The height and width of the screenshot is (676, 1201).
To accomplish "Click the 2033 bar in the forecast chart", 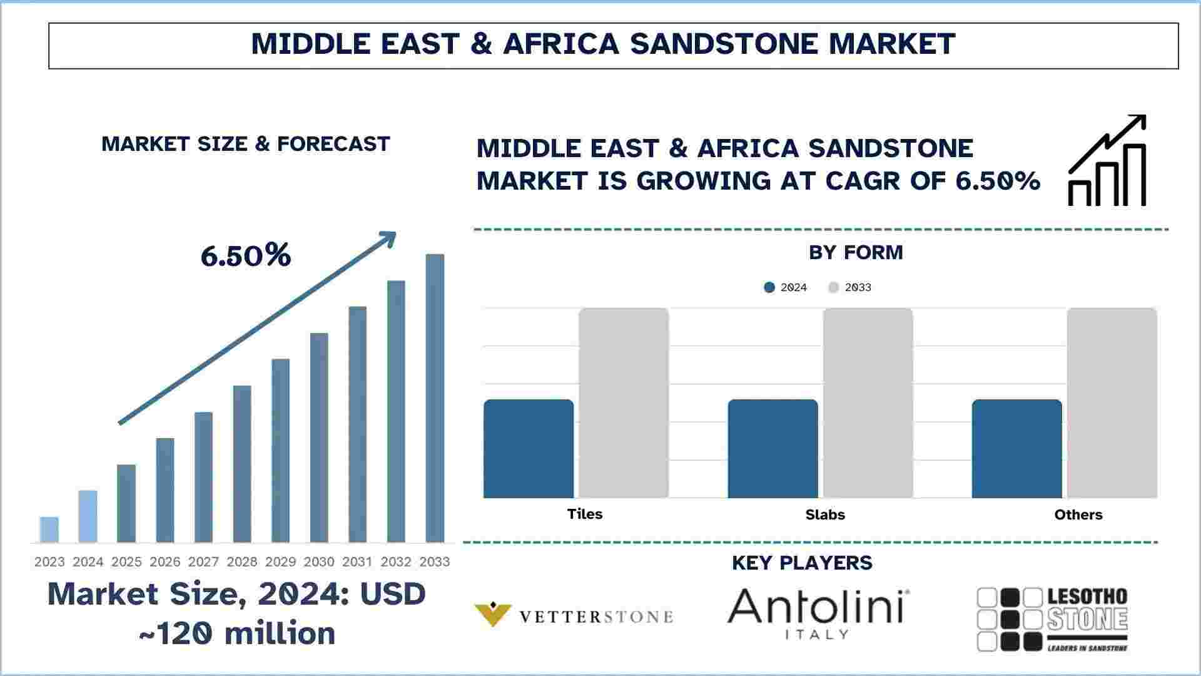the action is coord(435,398).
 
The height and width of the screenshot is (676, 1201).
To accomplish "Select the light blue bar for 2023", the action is coord(49,530).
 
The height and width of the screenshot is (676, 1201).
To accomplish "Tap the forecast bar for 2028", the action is coord(242,464).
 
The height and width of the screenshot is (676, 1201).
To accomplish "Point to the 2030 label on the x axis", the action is coord(319,562).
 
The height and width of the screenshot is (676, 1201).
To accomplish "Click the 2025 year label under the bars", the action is coord(126,562).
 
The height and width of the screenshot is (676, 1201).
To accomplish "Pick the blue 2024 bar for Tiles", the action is coord(529,449).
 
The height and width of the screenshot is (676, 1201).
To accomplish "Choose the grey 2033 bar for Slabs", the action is coord(868,403).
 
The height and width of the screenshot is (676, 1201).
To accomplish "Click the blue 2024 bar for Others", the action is coord(1016,449).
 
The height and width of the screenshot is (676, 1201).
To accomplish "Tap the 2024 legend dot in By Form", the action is coord(769,287).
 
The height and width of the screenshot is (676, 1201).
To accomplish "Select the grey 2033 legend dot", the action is coord(833,287).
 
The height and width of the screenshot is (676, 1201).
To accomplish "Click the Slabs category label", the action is coord(825,515).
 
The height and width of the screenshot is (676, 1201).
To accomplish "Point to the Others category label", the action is coord(1078,515).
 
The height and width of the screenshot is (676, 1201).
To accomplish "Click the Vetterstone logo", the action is coord(574,616).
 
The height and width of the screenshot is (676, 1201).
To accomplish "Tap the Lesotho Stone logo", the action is coord(1052,619).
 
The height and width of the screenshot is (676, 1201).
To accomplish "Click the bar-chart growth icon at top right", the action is coord(1107,160).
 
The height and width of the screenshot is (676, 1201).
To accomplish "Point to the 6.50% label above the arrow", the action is coord(246,255).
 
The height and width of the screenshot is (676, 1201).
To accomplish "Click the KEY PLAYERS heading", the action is coord(802,563).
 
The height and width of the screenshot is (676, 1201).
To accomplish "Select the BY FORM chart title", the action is coord(856,252).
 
